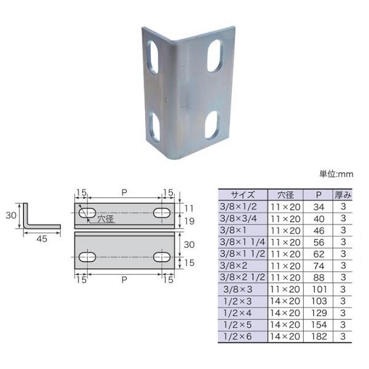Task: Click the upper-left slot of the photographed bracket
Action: click(x=153, y=57)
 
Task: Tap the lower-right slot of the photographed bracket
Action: click(x=211, y=125)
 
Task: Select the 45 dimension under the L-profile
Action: click(x=42, y=239)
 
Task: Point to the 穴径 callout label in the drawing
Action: click(x=106, y=219)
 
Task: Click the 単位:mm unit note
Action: click(x=336, y=174)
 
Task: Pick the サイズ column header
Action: click(x=243, y=195)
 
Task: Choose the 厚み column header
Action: click(x=343, y=195)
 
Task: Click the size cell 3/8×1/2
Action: click(x=238, y=207)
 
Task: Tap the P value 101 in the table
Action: click(x=319, y=289)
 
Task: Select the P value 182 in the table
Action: click(x=319, y=336)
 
